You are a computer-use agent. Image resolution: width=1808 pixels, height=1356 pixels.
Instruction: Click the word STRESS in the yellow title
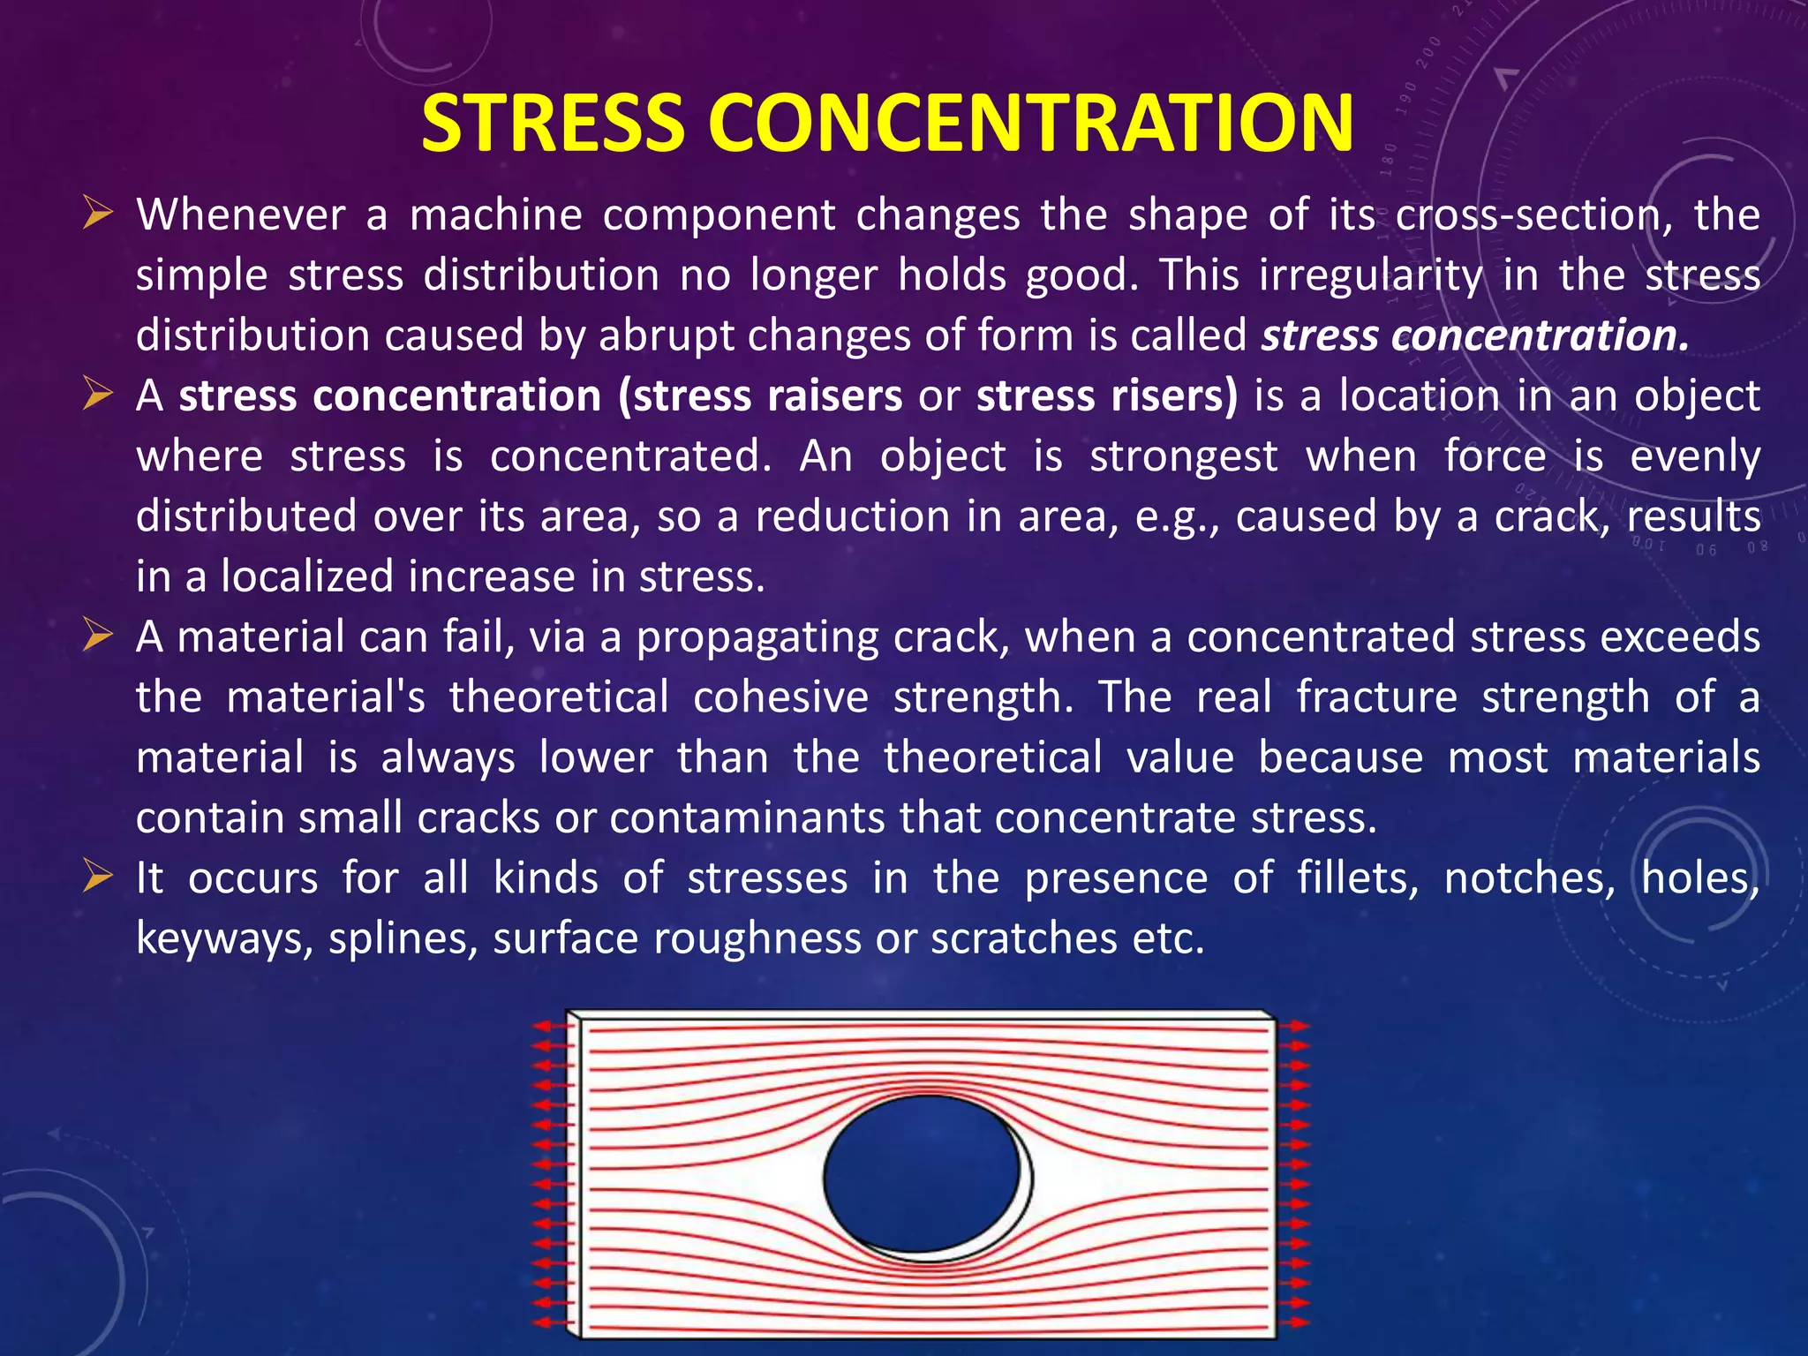click(553, 123)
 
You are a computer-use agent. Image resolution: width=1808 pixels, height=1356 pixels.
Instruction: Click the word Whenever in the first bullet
click(241, 215)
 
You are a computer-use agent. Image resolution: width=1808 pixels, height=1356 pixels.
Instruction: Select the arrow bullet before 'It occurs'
click(98, 877)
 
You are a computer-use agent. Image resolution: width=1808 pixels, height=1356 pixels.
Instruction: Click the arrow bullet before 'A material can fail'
click(98, 636)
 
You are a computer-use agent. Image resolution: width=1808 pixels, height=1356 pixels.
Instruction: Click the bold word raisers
click(834, 395)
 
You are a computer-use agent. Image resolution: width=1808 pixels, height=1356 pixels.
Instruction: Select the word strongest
click(1184, 456)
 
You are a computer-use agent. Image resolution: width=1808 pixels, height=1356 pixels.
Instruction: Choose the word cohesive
click(780, 697)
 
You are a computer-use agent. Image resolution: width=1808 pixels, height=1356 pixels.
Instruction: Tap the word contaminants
click(747, 817)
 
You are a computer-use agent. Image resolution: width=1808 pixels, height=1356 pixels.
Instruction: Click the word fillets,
click(1358, 878)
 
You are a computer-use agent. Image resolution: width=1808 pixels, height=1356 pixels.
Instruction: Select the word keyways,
click(224, 938)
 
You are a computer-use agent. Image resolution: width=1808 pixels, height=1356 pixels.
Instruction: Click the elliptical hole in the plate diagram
click(922, 1174)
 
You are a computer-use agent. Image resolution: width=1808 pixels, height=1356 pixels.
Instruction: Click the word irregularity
click(1371, 275)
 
